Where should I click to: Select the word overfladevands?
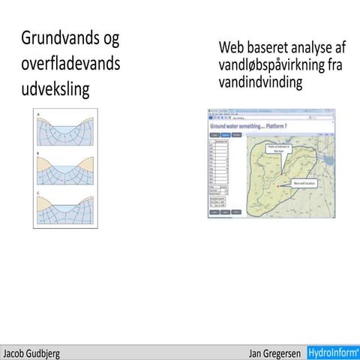click(70, 64)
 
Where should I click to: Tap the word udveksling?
click(55, 90)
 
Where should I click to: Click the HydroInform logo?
click(334, 352)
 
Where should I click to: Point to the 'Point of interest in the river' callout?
click(278, 148)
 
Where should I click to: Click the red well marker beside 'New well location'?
click(278, 185)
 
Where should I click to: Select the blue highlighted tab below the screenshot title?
click(225, 134)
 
